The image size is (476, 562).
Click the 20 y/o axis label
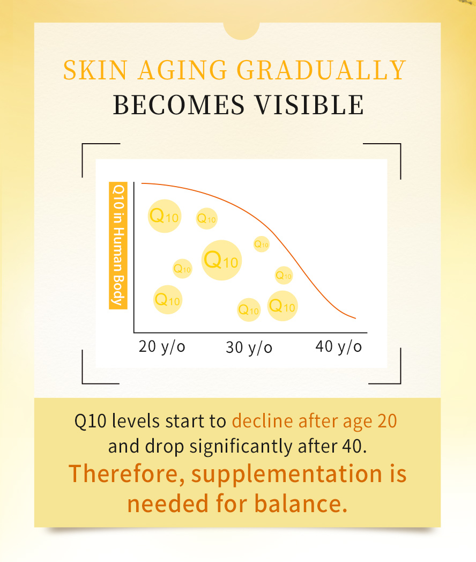click(x=161, y=346)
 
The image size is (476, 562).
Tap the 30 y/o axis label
click(x=249, y=348)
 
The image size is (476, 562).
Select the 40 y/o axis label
click(x=338, y=346)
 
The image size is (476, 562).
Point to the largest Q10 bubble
click(x=221, y=260)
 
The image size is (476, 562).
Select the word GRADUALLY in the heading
click(x=321, y=71)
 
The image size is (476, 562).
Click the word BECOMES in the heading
click(x=178, y=105)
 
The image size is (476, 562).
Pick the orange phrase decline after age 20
click(x=314, y=421)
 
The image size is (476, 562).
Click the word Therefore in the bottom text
click(x=126, y=474)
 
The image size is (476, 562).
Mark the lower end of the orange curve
click(x=355, y=318)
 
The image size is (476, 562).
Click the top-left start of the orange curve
click(x=142, y=183)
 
